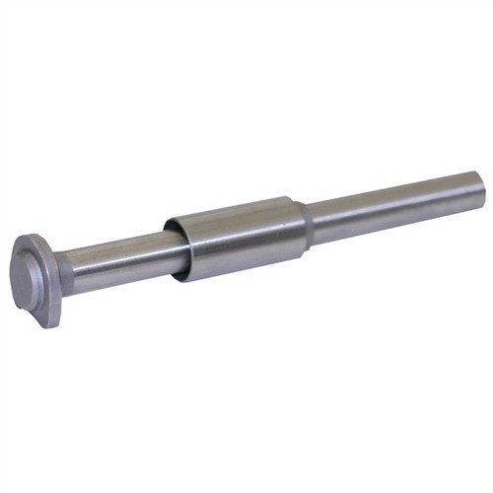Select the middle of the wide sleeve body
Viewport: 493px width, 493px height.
(237, 237)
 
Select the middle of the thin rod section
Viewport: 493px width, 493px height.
(394, 202)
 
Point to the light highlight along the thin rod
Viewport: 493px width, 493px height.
(394, 194)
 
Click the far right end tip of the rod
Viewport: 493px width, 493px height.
(480, 184)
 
